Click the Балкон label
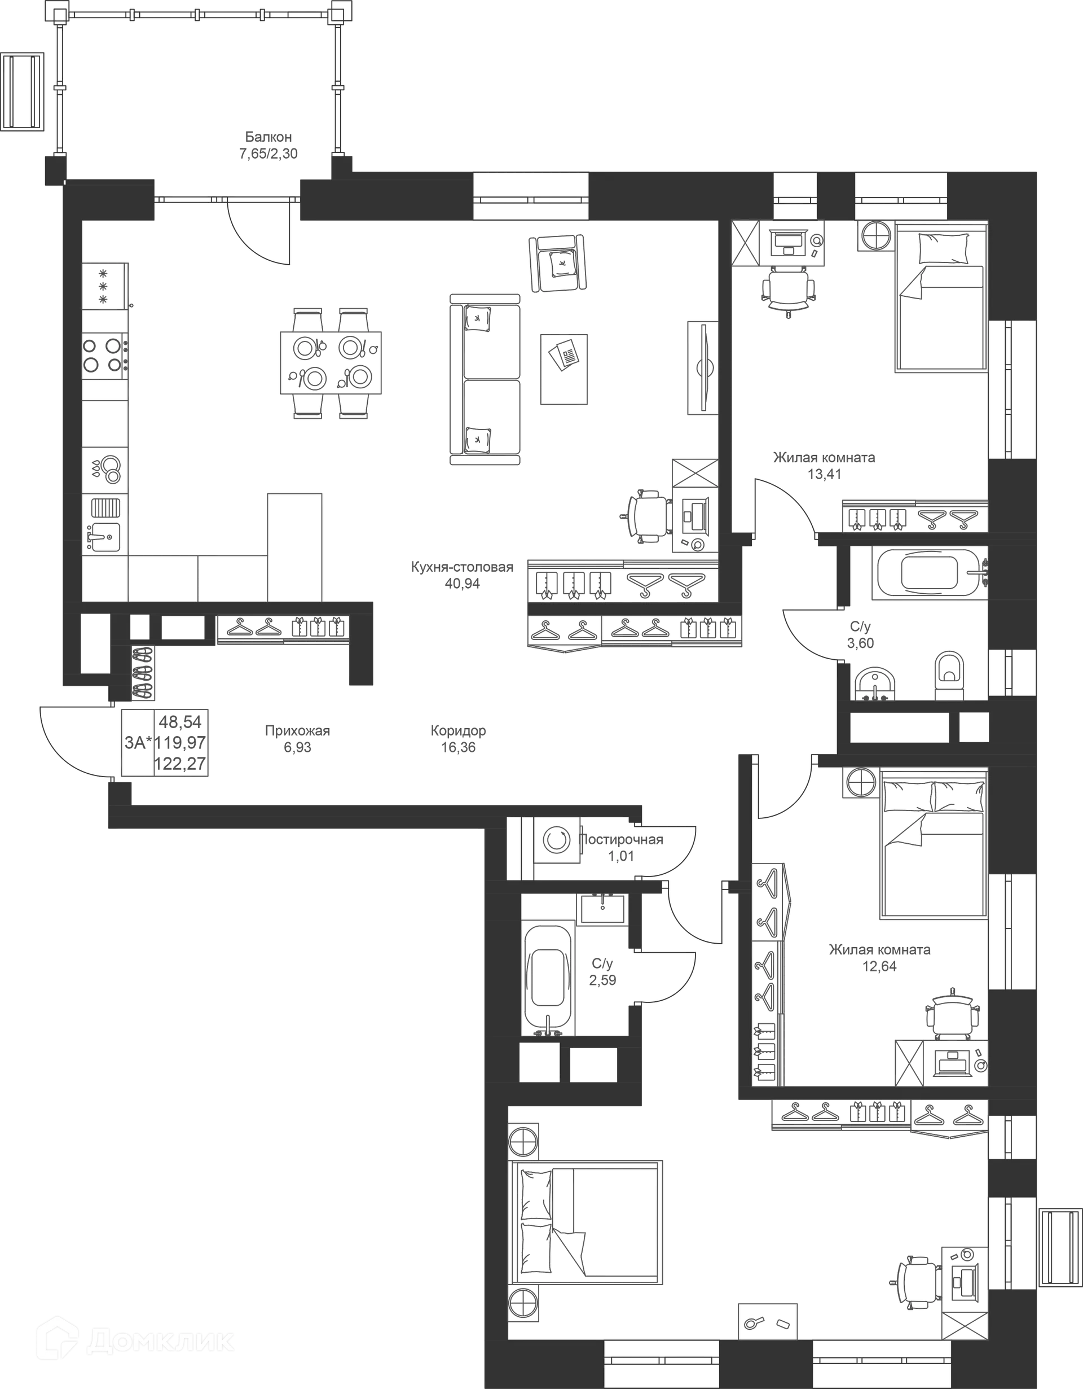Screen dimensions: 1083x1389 pyautogui.click(x=268, y=137)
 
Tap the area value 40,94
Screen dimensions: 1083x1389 pyautogui.click(x=462, y=584)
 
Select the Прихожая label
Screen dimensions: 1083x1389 pyautogui.click(x=297, y=731)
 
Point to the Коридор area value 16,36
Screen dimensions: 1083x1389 pyautogui.click(x=458, y=748)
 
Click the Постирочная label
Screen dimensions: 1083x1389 pyautogui.click(x=622, y=839)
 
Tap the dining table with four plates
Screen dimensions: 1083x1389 pyautogui.click(x=331, y=363)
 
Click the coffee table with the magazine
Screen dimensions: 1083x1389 pyautogui.click(x=563, y=369)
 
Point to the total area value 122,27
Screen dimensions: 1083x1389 pyautogui.click(x=180, y=764)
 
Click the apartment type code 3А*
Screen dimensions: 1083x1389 pyautogui.click(x=139, y=742)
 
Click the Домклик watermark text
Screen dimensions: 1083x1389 pyautogui.click(x=160, y=1343)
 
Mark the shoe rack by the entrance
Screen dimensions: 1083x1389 pyautogui.click(x=142, y=672)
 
